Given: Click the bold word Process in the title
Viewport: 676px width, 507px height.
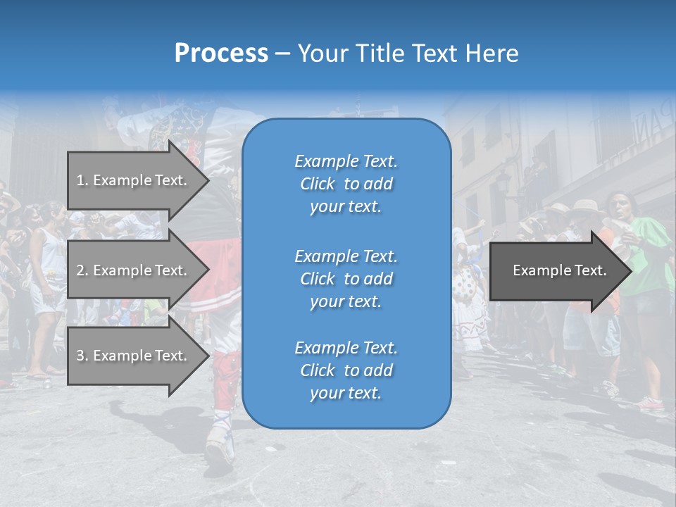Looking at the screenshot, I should tap(221, 54).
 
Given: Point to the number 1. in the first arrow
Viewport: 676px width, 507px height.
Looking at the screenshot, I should tap(82, 180).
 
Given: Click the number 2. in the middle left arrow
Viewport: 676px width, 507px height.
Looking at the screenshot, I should tap(82, 270).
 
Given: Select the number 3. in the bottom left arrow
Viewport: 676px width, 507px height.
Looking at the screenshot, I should tap(82, 356).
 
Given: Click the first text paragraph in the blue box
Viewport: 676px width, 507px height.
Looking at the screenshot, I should tap(346, 184).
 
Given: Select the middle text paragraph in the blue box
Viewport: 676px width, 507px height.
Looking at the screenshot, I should tap(346, 279).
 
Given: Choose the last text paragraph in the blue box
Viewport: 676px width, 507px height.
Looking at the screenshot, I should tap(346, 370).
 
